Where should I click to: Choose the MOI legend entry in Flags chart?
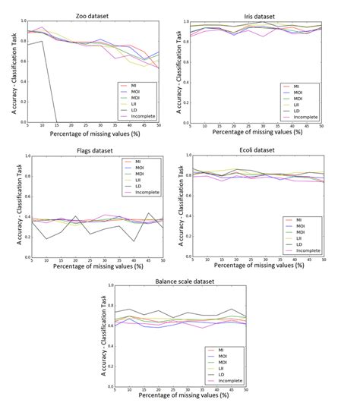tap(141, 168)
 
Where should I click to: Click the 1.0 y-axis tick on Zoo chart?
tap(24, 18)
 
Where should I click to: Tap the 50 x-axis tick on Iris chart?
tap(341, 126)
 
